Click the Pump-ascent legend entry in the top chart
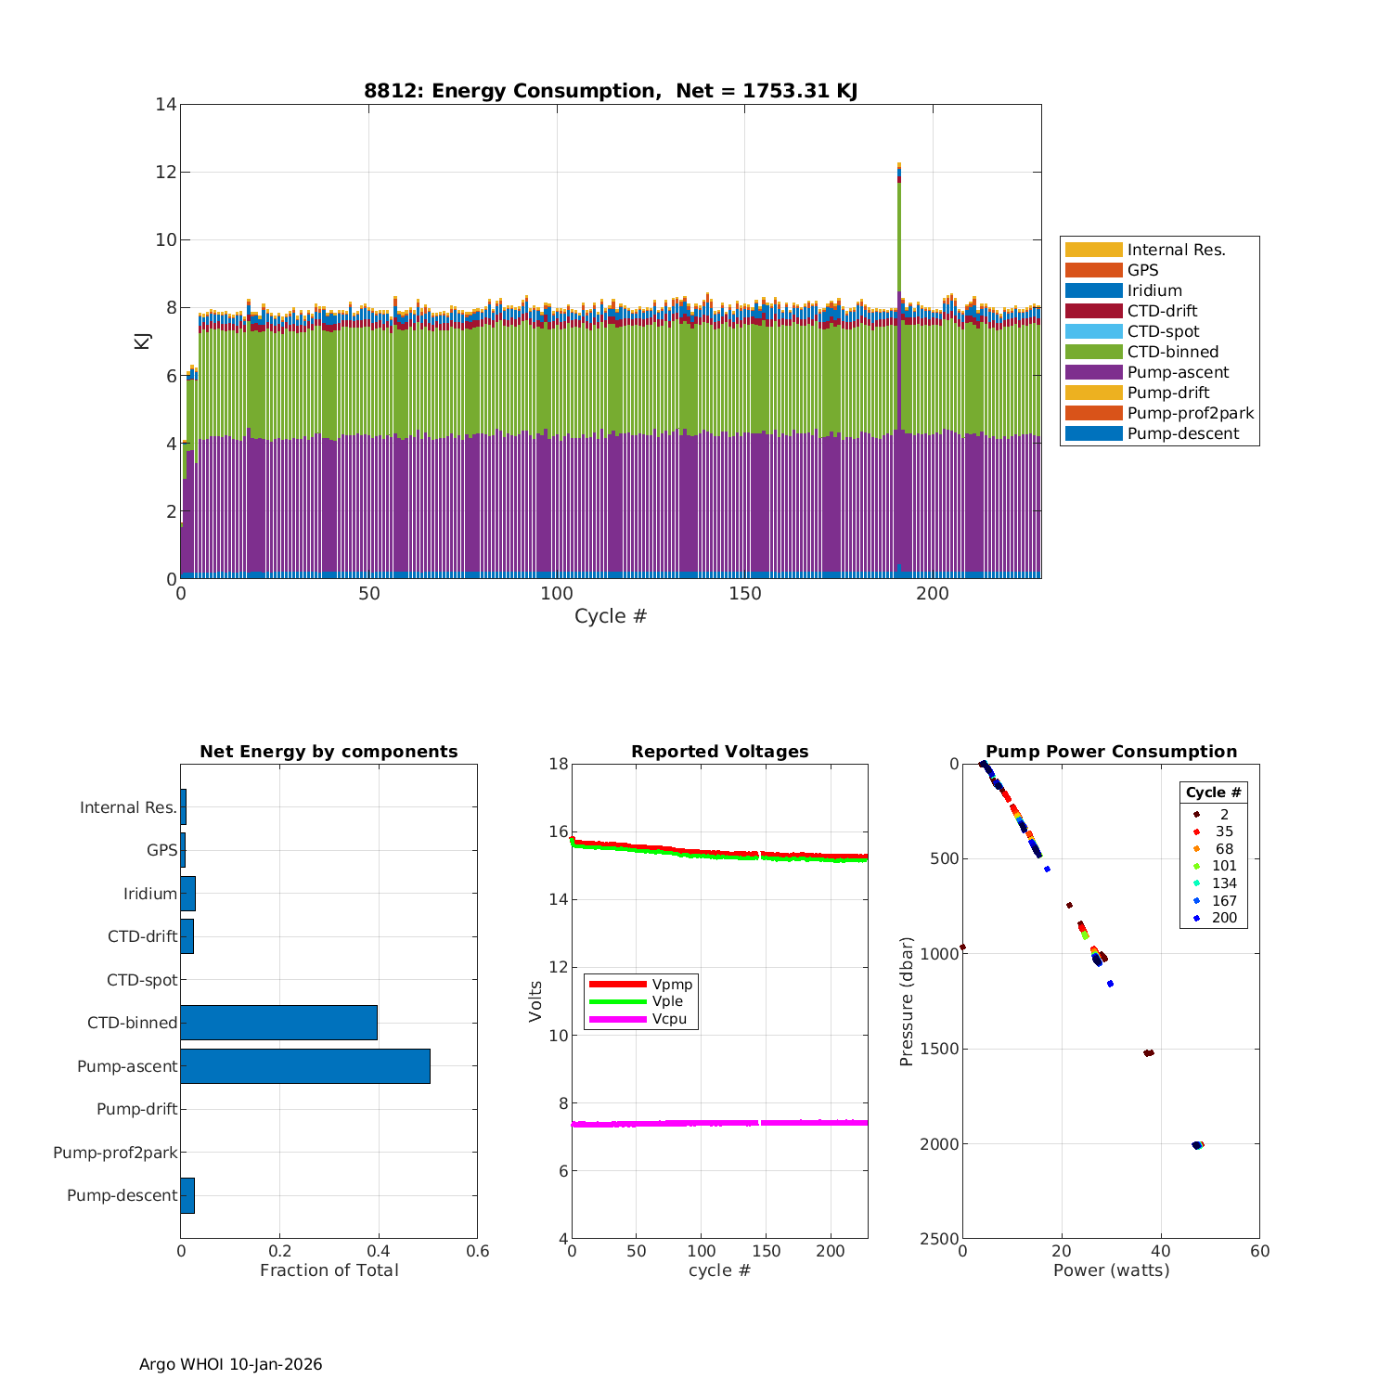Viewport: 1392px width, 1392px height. click(1178, 372)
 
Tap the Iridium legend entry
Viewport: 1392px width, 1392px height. click(1154, 290)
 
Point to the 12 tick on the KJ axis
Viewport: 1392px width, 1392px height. click(165, 173)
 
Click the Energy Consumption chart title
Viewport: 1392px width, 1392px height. click(611, 91)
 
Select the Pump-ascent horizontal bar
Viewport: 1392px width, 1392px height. click(305, 1066)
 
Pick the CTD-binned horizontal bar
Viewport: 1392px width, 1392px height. click(278, 1023)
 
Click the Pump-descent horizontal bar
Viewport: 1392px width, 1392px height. click(187, 1195)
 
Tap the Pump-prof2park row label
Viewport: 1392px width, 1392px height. click(115, 1153)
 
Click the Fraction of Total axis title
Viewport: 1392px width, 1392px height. click(329, 1270)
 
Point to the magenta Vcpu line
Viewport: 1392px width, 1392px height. click(719, 1123)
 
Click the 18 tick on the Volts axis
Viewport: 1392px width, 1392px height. click(558, 765)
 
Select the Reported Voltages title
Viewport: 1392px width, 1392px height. click(719, 752)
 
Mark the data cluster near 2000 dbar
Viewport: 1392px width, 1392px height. click(1197, 1145)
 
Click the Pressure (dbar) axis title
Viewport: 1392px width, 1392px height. click(907, 1000)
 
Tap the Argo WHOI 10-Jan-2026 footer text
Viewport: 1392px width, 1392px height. click(231, 1364)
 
